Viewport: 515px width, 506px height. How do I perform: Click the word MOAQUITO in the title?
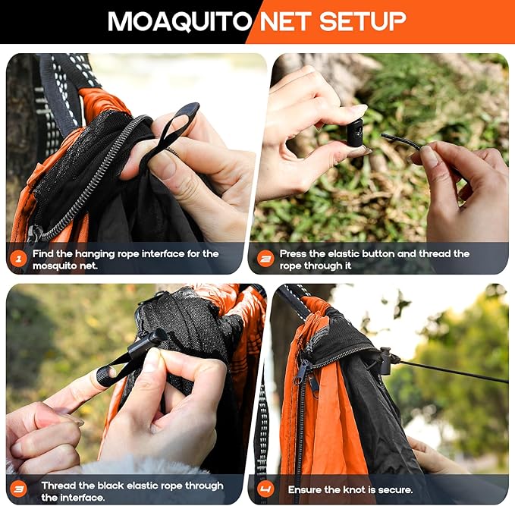(179, 21)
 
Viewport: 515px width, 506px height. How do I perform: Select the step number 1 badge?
(19, 259)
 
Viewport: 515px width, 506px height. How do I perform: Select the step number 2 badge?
(265, 259)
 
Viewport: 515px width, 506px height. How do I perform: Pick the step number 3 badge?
(19, 490)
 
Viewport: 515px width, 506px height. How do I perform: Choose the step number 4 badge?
(265, 489)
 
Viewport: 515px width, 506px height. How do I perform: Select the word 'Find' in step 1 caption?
(45, 253)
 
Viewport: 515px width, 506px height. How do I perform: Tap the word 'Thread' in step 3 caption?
(60, 485)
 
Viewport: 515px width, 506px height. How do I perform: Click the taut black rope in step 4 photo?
(455, 372)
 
